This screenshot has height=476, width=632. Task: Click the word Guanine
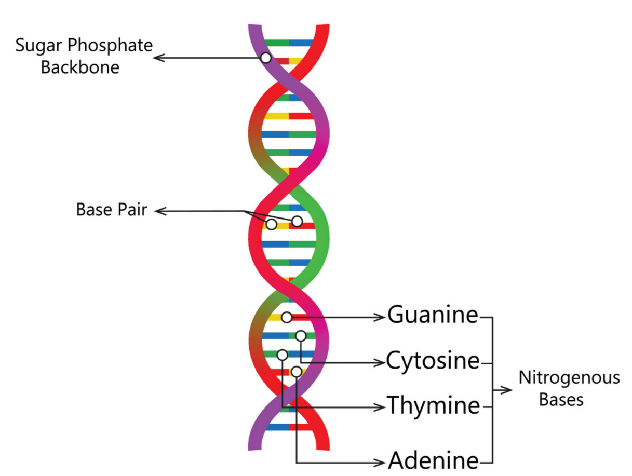(x=432, y=315)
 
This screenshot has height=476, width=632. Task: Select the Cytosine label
(x=432, y=361)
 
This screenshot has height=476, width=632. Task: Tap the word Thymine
(x=432, y=405)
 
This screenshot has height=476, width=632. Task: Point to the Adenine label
(x=432, y=460)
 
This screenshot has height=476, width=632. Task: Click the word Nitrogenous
(x=569, y=377)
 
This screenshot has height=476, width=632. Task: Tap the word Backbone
(x=80, y=67)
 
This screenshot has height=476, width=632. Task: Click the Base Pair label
(x=111, y=210)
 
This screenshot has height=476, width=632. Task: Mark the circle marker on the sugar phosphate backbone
(x=265, y=58)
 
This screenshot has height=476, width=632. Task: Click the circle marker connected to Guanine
(x=286, y=317)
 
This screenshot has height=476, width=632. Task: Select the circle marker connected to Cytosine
(x=301, y=336)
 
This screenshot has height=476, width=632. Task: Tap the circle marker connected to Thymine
(x=282, y=355)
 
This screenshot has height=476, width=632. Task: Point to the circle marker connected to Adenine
(x=296, y=372)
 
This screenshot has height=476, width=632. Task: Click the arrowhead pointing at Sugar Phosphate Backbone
(x=158, y=58)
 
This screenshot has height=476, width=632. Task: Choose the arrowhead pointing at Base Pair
(x=159, y=211)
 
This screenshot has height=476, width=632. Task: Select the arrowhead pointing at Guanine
(x=381, y=317)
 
